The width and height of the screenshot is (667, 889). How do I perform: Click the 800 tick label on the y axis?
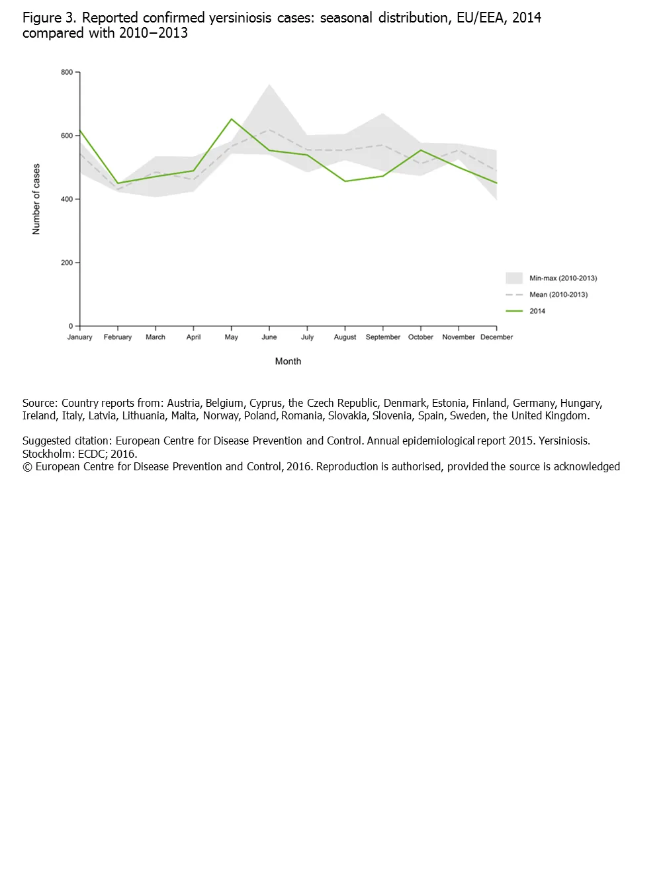[x=67, y=72]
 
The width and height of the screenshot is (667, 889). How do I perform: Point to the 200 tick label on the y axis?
[x=67, y=263]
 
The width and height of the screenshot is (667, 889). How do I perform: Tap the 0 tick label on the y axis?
[x=71, y=326]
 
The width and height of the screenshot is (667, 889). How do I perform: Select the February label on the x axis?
[x=118, y=337]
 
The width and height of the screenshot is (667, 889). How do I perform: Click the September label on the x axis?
[x=382, y=337]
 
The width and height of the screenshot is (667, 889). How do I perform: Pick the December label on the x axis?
[x=496, y=337]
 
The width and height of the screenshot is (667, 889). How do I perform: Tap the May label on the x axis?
[x=231, y=337]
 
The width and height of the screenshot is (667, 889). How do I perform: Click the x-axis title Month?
[x=288, y=361]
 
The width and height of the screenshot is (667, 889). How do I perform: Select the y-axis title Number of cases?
[x=36, y=199]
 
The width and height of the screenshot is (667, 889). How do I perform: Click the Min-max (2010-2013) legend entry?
[x=562, y=278]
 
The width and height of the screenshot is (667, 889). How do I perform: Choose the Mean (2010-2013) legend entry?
[x=558, y=295]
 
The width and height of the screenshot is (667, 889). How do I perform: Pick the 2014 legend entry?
[x=537, y=311]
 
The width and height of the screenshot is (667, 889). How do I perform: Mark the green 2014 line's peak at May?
[x=231, y=119]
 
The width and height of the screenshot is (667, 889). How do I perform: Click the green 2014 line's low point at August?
[x=345, y=181]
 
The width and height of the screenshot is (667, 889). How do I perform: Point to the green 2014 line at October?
[x=421, y=150]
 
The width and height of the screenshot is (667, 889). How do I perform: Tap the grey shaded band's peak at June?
[x=269, y=85]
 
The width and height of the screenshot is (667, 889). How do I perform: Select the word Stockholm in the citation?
[x=47, y=454]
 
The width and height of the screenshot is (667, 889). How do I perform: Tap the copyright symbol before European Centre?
[x=27, y=467]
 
